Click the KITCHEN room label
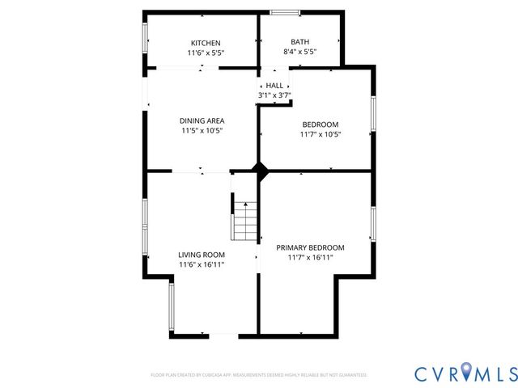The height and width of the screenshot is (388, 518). point(205,43)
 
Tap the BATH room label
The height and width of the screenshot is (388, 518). point(299,42)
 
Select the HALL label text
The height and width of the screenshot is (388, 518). point(274,86)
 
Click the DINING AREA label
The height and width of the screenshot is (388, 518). point(202,120)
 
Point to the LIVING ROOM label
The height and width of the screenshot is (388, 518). point(201,255)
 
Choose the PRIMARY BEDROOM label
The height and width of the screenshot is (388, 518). point(310,247)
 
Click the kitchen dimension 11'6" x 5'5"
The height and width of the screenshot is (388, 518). point(205,53)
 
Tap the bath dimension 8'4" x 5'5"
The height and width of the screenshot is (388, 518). point(299,52)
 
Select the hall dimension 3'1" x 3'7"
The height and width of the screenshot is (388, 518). point(274,95)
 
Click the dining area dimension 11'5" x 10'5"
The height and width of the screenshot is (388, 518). point(202,130)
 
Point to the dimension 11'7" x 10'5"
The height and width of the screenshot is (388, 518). point(321,134)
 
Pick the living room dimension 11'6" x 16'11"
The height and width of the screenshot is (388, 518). point(201,264)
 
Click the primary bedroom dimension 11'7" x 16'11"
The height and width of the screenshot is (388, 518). point(310,257)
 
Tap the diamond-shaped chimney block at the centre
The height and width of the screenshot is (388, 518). point(261,171)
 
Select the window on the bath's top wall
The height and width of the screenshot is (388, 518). point(283,12)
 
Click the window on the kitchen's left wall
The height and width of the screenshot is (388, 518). point(146,34)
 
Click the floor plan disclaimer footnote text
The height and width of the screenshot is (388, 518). point(259,375)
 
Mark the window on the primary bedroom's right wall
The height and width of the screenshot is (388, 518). point(373,224)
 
